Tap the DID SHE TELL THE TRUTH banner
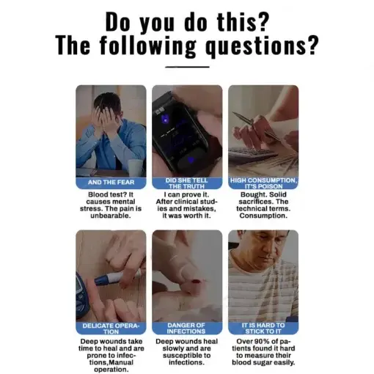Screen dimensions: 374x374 click(187, 182)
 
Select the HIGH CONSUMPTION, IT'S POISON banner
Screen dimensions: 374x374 click(263, 182)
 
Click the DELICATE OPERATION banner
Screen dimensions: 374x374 click(111, 327)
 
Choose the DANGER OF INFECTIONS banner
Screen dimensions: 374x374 click(187, 327)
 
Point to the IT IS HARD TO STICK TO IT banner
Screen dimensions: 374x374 click(263, 327)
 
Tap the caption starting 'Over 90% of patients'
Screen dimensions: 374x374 click(263, 351)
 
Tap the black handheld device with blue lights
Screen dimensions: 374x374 click(180, 132)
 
